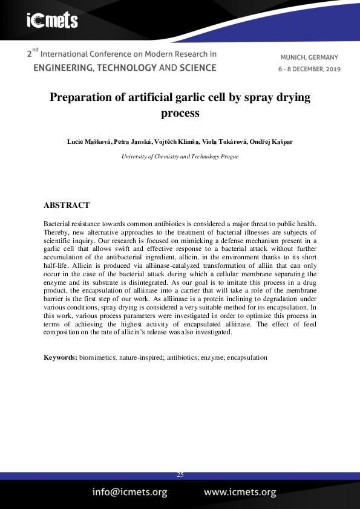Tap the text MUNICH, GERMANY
pyautogui.click(x=309, y=57)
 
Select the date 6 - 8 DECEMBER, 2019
pyautogui.click(x=309, y=69)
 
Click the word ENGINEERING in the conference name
pyautogui.click(x=62, y=68)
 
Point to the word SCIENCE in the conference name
pyautogui.click(x=197, y=68)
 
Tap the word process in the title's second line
pyautogui.click(x=180, y=112)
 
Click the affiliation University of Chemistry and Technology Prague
pyautogui.click(x=180, y=156)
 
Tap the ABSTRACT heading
pyautogui.click(x=67, y=206)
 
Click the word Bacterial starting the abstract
pyautogui.click(x=59, y=224)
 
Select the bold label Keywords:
pyautogui.click(x=60, y=357)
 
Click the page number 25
pyautogui.click(x=180, y=475)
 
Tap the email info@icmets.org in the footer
pyautogui.click(x=129, y=492)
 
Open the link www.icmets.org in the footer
pyautogui.click(x=240, y=492)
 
